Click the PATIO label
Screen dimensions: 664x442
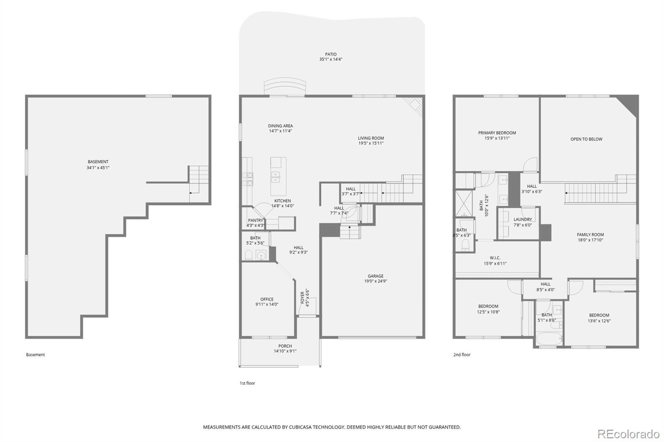tap(331, 54)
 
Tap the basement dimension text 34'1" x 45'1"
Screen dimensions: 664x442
tap(98, 168)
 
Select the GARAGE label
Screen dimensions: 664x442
tap(376, 276)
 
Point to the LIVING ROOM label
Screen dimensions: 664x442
tap(371, 138)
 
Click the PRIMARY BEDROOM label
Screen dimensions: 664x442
tap(497, 133)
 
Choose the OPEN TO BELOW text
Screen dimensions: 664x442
tap(586, 139)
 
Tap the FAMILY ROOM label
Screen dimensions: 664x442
tap(590, 235)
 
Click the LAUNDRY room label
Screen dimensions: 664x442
tap(522, 219)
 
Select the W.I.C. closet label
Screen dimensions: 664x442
tap(495, 258)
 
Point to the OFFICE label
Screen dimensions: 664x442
tap(267, 299)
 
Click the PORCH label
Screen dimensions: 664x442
tap(285, 346)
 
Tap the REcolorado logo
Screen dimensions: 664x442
tap(628, 434)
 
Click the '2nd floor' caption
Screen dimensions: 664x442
tap(462, 355)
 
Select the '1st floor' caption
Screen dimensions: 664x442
tap(247, 383)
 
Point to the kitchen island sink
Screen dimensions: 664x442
tap(276, 177)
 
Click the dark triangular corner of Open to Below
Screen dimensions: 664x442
tap(630, 104)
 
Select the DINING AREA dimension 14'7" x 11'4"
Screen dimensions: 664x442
tap(281, 131)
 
